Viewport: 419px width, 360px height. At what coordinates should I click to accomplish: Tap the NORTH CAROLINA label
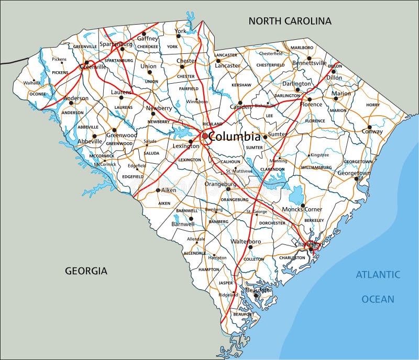click(290, 21)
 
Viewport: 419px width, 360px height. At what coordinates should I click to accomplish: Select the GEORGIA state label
click(86, 271)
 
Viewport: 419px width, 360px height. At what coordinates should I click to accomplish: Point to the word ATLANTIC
click(378, 275)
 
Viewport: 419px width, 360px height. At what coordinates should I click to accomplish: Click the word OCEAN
click(378, 299)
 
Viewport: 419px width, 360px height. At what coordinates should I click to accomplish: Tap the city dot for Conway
click(369, 127)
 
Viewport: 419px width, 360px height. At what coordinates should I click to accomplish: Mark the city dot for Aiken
click(158, 190)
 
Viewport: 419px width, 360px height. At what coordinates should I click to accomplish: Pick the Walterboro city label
click(246, 241)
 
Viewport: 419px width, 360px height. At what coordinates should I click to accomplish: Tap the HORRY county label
click(373, 105)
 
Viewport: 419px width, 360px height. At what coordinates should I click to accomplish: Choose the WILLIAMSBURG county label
click(316, 167)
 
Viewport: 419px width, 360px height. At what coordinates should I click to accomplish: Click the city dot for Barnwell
click(191, 218)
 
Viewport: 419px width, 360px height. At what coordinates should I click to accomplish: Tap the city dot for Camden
click(240, 103)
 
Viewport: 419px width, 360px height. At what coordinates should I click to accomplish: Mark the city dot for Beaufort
click(256, 296)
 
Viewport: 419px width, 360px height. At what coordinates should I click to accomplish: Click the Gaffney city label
click(148, 38)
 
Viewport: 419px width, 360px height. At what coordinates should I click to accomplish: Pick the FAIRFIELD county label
click(189, 89)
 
